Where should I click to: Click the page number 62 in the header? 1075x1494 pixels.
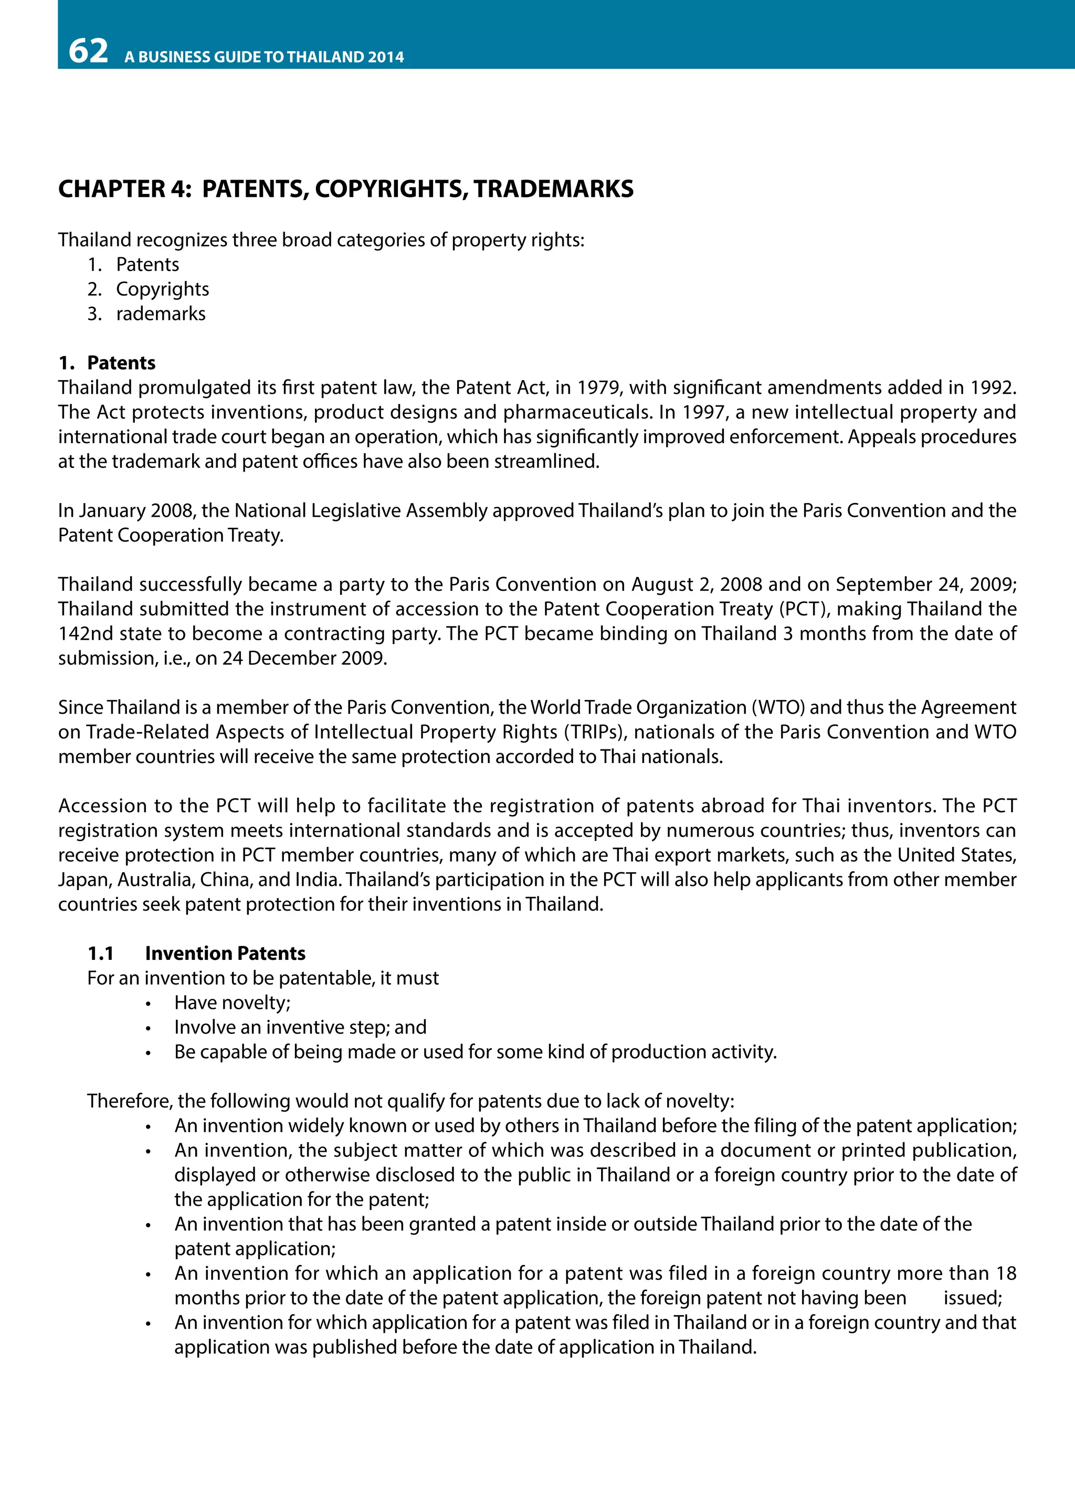pyautogui.click(x=88, y=51)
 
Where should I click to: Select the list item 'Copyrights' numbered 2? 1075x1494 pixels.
pyautogui.click(x=162, y=289)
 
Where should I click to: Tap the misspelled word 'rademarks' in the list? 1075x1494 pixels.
pyautogui.click(x=161, y=314)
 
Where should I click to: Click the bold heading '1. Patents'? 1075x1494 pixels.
pyautogui.click(x=107, y=363)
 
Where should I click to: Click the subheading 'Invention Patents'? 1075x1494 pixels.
pyautogui.click(x=225, y=953)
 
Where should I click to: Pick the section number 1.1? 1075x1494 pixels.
pyautogui.click(x=101, y=953)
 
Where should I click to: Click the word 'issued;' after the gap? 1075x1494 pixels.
pyautogui.click(x=972, y=1298)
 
